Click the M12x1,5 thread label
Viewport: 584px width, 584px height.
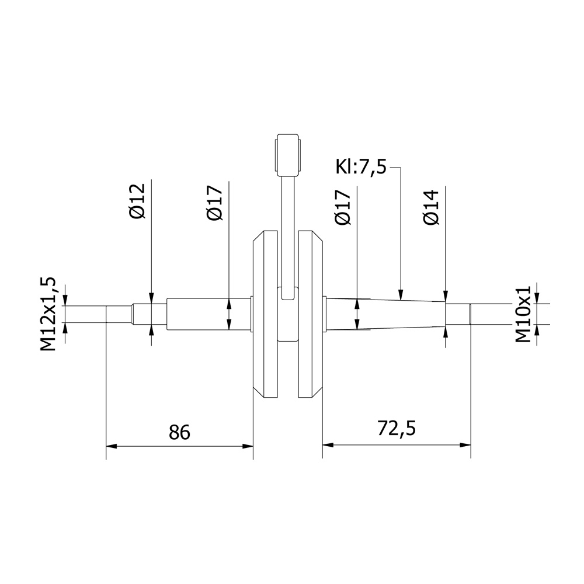point(48,314)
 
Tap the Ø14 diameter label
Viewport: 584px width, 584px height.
point(431,207)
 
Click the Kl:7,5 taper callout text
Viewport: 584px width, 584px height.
point(361,167)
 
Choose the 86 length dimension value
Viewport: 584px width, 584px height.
point(179,432)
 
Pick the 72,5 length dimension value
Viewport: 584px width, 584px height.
point(397,428)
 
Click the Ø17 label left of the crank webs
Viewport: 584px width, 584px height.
point(214,203)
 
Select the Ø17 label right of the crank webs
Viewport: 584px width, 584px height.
point(343,207)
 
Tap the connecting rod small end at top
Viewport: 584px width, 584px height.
point(287,155)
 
